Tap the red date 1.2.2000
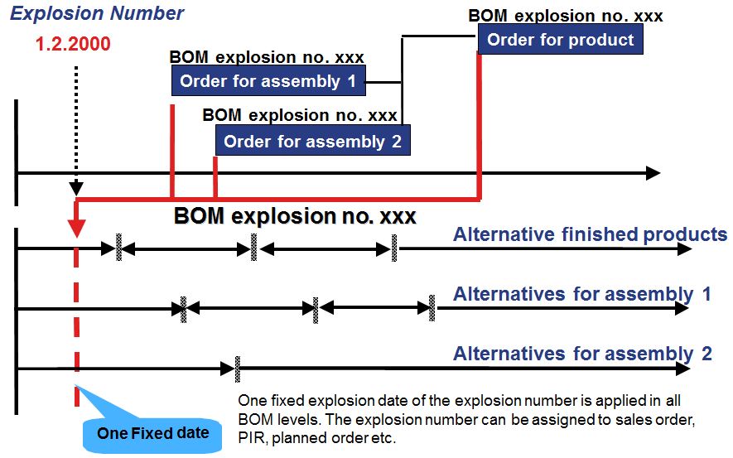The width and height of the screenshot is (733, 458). click(x=73, y=44)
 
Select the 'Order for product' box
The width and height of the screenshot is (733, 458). click(x=561, y=40)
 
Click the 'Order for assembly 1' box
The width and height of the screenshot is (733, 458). click(x=268, y=81)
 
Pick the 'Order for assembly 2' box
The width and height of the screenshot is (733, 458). click(x=312, y=141)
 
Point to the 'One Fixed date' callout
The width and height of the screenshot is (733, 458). click(x=152, y=432)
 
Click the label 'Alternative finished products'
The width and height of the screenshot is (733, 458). click(x=590, y=234)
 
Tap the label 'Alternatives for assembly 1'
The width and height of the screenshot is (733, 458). click(x=581, y=294)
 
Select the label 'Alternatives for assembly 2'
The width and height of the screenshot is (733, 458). click(x=581, y=354)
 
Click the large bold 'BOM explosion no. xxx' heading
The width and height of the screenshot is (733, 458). click(x=295, y=217)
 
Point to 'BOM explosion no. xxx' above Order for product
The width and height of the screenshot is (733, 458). click(x=565, y=16)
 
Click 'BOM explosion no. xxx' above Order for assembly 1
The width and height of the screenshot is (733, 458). click(x=267, y=58)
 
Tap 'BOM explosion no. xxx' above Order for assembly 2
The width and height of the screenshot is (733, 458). click(x=300, y=115)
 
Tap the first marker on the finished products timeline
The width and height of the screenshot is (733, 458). click(x=119, y=247)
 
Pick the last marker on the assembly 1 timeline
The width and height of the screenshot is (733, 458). click(x=432, y=307)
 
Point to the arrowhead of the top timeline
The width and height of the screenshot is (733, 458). click(x=653, y=173)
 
